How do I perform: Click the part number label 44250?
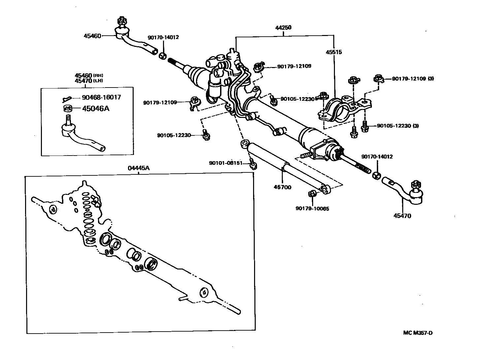283,28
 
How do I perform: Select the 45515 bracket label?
334,52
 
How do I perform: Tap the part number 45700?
282,187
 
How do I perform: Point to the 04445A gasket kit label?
139,168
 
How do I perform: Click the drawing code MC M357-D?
417,333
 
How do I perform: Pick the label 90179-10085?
312,208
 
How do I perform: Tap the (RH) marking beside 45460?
98,76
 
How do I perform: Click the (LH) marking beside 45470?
98,81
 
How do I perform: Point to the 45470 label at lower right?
402,216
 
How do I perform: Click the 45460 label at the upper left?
92,36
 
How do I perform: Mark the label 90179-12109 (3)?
413,79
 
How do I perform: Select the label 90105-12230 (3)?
398,126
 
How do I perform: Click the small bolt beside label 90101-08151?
253,164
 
